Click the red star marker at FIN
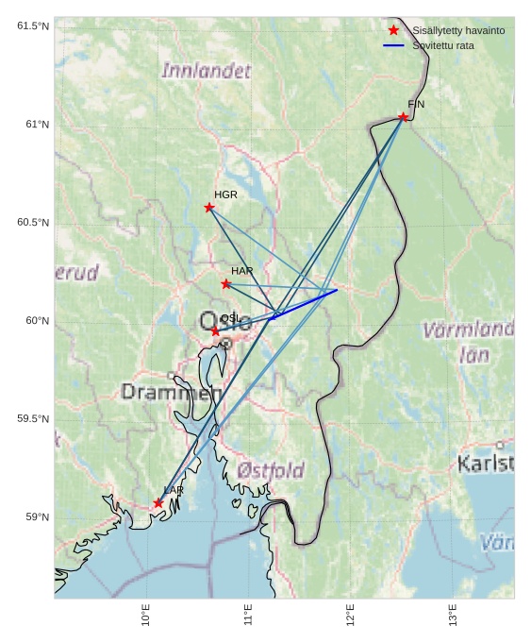pos(403,117)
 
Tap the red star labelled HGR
pos(209,208)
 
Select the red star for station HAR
pos(226,284)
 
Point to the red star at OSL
pos(216,331)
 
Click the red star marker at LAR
pos(158,503)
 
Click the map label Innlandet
pos(207,71)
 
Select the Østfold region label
pos(271,469)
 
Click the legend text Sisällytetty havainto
pos(458,31)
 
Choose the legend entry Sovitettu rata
pos(443,45)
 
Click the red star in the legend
pos(393,31)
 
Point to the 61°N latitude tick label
pos(33,125)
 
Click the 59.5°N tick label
pos(33,419)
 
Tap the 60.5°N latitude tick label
pos(33,223)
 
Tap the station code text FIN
pos(416,105)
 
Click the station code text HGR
pos(225,195)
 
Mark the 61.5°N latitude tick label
pos(33,26)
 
